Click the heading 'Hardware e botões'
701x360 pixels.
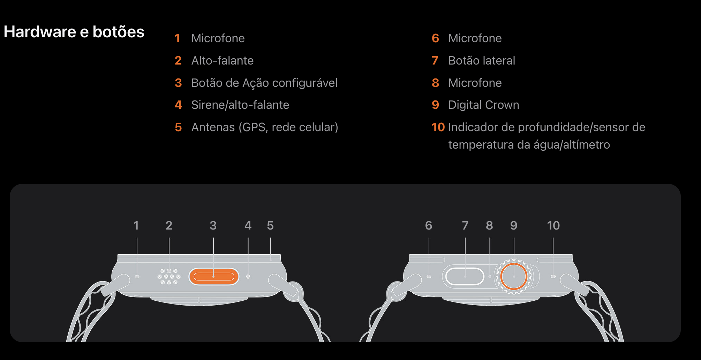point(74,32)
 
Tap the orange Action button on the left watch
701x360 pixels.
point(213,277)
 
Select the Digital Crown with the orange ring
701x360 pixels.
point(514,277)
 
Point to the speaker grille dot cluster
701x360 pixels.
point(169,277)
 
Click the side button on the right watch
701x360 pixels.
point(465,277)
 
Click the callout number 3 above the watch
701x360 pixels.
point(213,226)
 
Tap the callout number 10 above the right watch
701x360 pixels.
point(553,226)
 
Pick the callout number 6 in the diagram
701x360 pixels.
point(429,226)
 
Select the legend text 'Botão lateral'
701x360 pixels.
point(482,61)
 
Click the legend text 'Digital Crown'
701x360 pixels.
point(484,105)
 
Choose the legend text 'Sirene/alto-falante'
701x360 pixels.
point(240,105)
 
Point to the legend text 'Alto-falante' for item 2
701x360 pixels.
point(223,61)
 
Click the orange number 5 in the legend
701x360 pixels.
point(178,127)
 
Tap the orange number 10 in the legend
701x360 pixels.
point(438,127)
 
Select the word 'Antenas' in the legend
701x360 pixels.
point(213,127)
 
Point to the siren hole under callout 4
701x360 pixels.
point(248,277)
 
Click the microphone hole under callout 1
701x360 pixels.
point(137,277)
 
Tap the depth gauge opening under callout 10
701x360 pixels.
point(553,277)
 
